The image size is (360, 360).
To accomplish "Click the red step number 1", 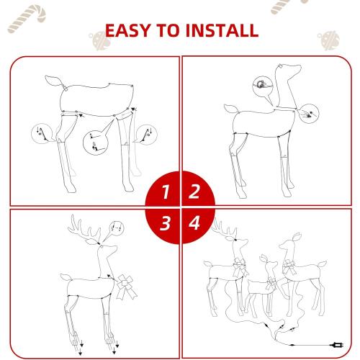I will click(166, 192).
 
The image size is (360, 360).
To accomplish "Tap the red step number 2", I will click(194, 192).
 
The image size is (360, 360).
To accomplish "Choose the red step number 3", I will click(166, 223).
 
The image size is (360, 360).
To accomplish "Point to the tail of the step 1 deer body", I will click(53, 80).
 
